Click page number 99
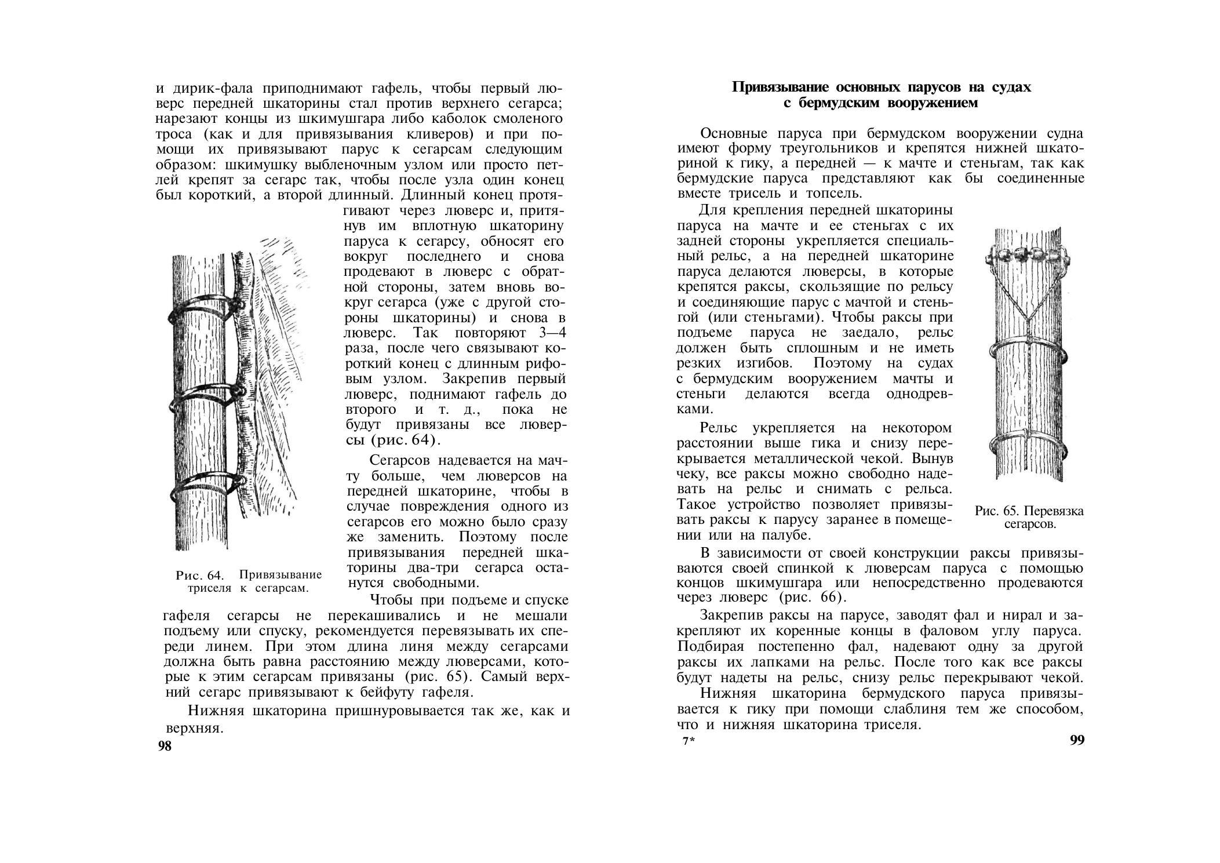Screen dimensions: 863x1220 click(1077, 741)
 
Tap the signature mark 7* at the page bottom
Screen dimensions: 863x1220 click(688, 741)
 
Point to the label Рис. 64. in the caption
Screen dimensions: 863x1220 click(199, 576)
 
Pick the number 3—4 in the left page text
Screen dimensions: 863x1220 click(548, 333)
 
